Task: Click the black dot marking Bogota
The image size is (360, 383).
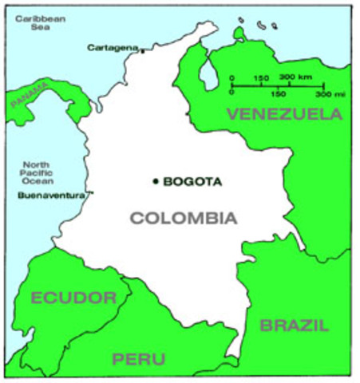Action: click(x=156, y=181)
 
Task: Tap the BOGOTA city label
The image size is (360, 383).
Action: click(x=192, y=181)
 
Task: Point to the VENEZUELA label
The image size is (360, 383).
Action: click(x=284, y=114)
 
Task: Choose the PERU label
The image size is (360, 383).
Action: click(x=139, y=358)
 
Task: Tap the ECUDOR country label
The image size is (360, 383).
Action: click(x=73, y=298)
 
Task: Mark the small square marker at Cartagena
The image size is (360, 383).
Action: click(x=143, y=51)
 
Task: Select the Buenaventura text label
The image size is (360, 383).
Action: click(x=51, y=194)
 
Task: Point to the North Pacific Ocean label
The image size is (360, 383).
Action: click(x=37, y=170)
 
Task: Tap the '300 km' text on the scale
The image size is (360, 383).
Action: click(x=296, y=77)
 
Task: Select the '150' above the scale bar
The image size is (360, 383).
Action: click(x=260, y=77)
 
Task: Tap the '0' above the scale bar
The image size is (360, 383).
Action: click(x=231, y=77)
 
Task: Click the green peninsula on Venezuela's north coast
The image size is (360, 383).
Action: click(x=239, y=33)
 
